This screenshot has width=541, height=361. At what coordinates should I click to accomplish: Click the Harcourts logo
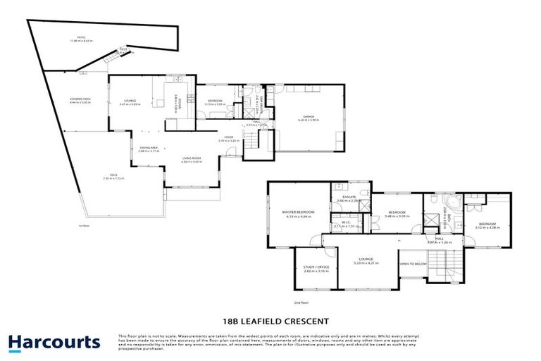pyautogui.click(x=54, y=343)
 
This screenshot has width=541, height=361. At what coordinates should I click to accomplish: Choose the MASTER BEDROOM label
pyautogui.click(x=299, y=212)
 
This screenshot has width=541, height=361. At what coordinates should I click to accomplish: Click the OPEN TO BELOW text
pyautogui.click(x=413, y=264)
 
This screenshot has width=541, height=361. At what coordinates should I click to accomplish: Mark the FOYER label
pyautogui.click(x=229, y=137)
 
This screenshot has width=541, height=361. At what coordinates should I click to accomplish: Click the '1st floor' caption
pyautogui.click(x=85, y=226)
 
